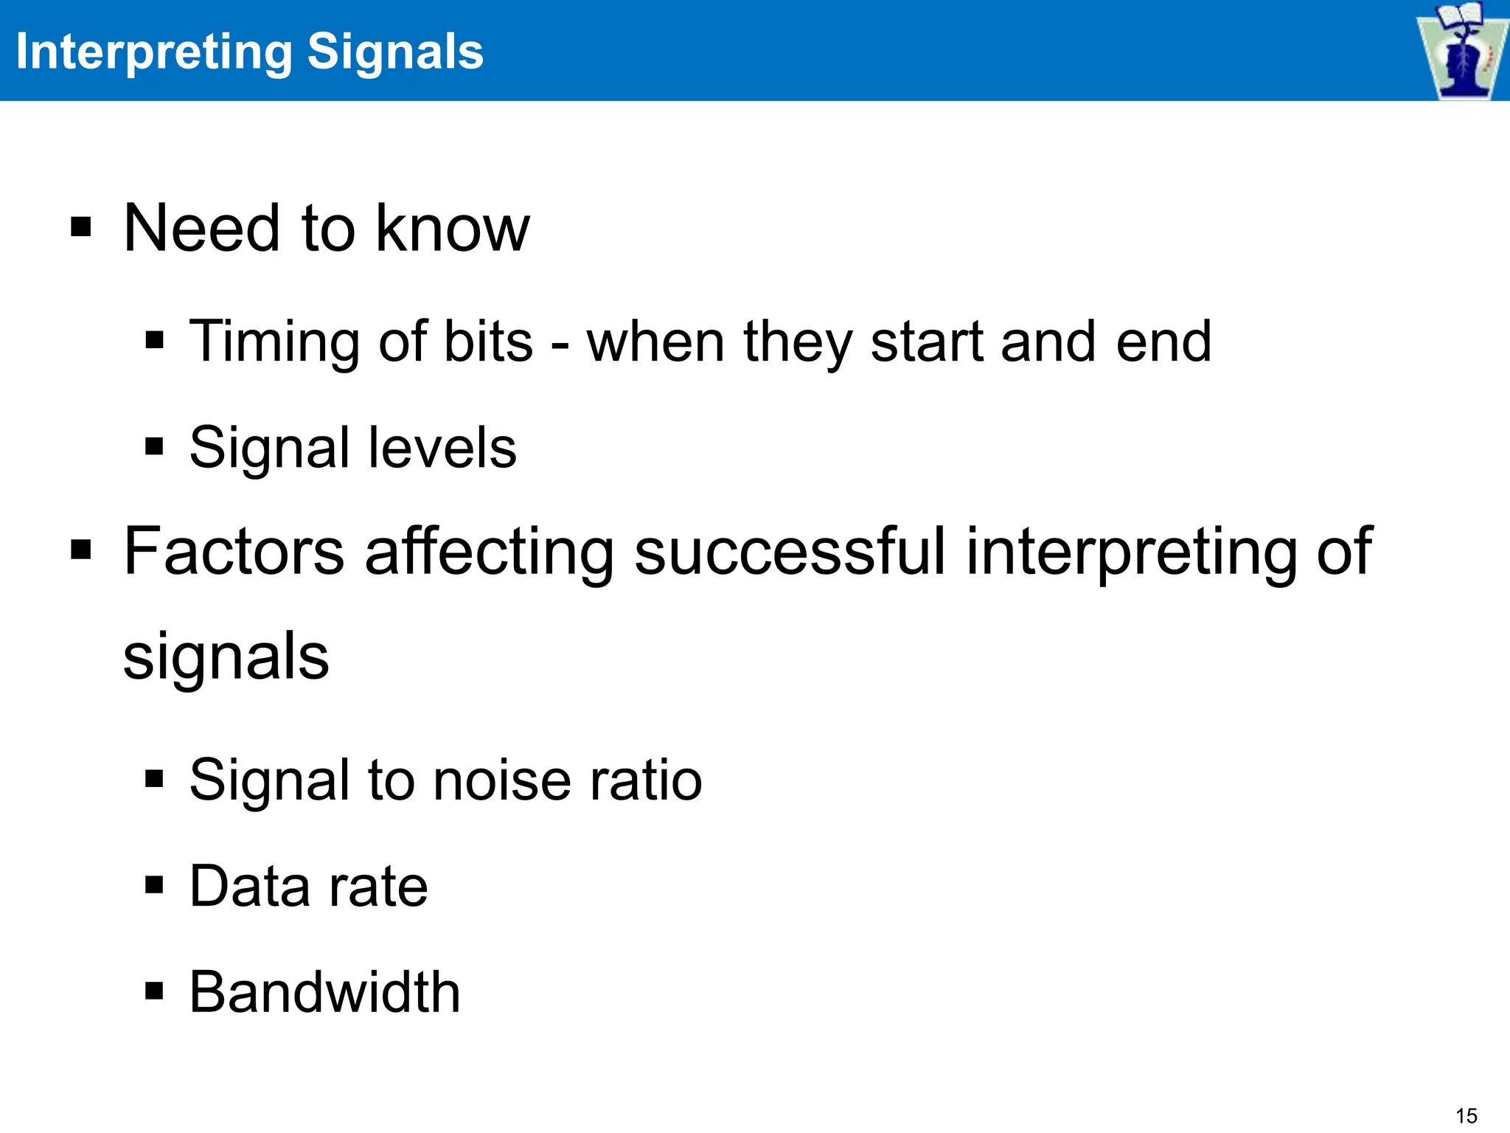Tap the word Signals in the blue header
point(395,52)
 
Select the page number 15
point(1466,1115)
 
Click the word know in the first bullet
point(452,228)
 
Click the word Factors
point(234,551)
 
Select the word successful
point(790,551)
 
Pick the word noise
point(502,780)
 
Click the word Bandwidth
point(324,992)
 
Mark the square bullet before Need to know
point(80,228)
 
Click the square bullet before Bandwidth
point(154,991)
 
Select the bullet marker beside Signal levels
point(154,446)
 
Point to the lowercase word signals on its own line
point(226,656)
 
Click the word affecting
point(489,551)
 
